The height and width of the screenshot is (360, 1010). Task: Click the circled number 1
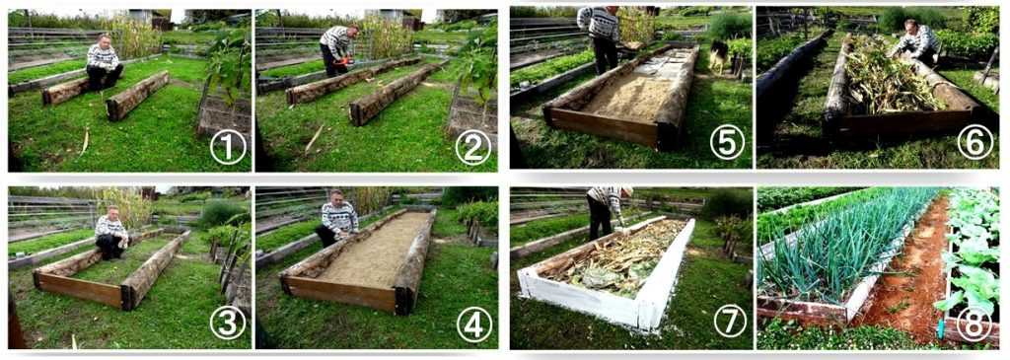[x=228, y=148]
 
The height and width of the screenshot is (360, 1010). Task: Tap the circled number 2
[x=473, y=148]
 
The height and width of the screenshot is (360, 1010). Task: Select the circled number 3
[x=228, y=324]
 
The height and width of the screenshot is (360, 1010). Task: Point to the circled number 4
[x=474, y=324]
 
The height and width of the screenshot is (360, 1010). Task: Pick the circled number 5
[x=727, y=142]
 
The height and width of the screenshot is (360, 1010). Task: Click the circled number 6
[x=974, y=142]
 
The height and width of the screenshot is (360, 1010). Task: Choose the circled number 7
[x=730, y=321]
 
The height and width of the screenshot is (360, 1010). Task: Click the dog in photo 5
[x=719, y=55]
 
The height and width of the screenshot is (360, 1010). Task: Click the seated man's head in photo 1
[x=104, y=41]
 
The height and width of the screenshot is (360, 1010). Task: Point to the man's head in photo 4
[x=335, y=196]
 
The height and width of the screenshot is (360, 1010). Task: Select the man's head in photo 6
[x=911, y=27]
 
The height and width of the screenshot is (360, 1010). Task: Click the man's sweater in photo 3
[x=110, y=226]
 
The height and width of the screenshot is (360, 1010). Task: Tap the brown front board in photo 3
[x=78, y=290]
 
